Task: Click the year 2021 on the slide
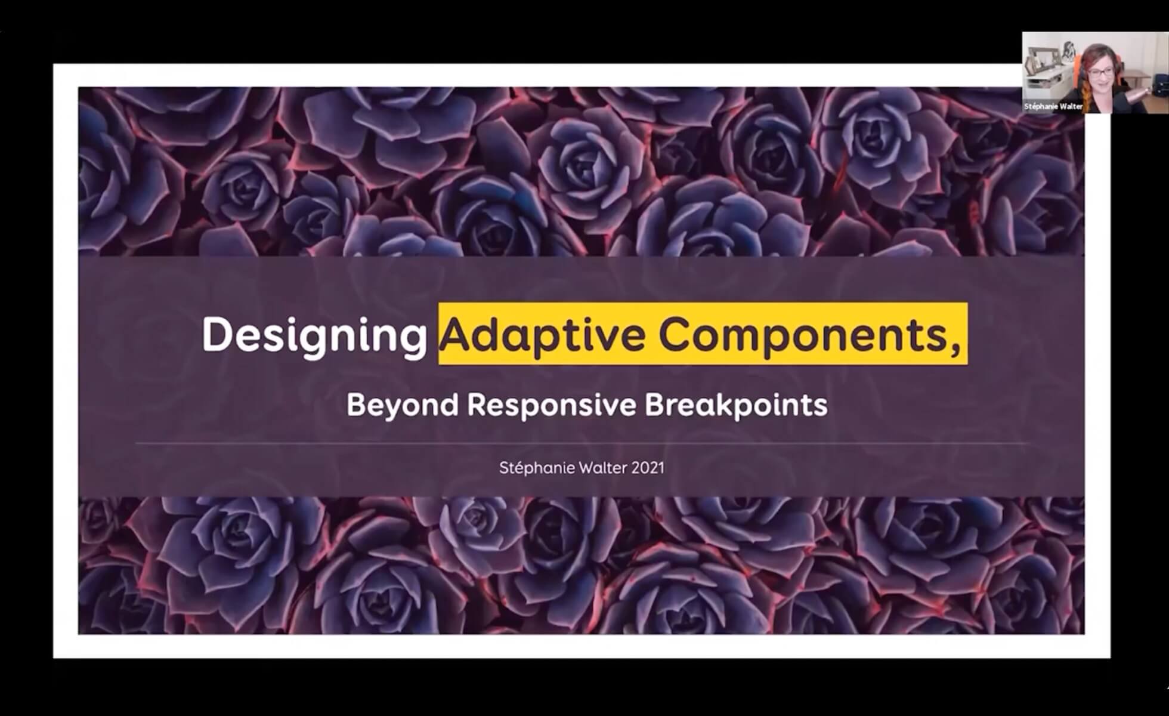pyautogui.click(x=648, y=468)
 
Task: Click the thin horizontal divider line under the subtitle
pyautogui.click(x=582, y=444)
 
